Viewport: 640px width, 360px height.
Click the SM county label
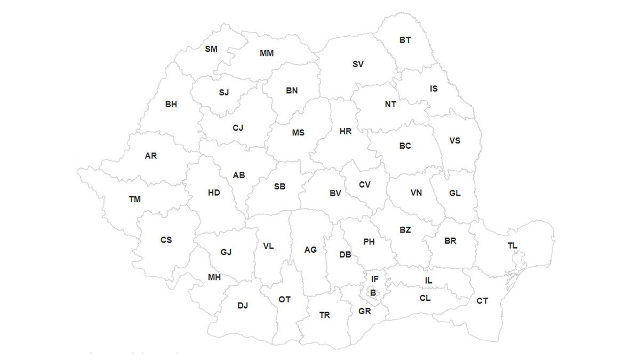coord(211,49)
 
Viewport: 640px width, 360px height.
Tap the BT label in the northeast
coord(405,40)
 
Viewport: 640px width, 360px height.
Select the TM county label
coord(135,199)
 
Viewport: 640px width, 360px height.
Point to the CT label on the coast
coord(482,301)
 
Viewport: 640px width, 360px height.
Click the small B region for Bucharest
coord(373,293)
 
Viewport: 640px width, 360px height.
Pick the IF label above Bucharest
coord(375,279)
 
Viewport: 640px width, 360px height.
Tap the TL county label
coord(513,246)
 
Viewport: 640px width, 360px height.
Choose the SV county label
coord(358,64)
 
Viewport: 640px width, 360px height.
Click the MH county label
coord(214,277)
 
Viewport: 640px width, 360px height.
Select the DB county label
coord(345,255)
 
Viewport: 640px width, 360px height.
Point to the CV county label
coord(364,185)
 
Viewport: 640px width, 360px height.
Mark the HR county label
coord(346,131)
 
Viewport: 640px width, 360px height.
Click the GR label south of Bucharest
coord(365,311)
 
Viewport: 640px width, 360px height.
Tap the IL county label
coord(429,281)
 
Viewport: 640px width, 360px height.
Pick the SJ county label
coord(223,92)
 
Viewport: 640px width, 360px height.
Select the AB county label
coord(239,175)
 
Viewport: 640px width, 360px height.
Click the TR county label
coord(325,315)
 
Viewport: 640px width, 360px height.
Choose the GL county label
coord(455,193)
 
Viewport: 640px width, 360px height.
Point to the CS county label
coord(166,240)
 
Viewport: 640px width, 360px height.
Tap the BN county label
coord(292,91)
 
